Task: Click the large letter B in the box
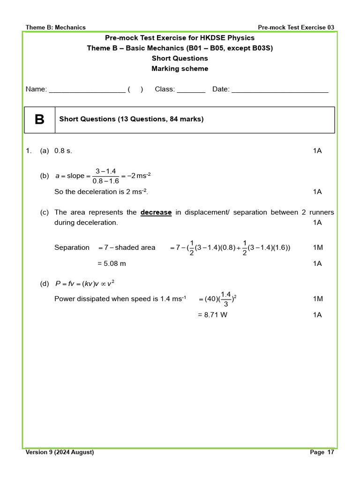[39, 120]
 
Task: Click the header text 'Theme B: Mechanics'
[55, 27]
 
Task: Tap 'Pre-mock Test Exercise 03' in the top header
[296, 27]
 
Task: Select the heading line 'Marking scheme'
[180, 68]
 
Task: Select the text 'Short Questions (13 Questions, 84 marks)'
[131, 119]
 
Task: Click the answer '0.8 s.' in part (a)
[63, 150]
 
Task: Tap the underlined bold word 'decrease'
[156, 212]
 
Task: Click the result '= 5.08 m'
[112, 263]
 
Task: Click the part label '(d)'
[45, 283]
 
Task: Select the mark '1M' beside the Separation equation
[317, 247]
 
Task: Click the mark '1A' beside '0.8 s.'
[317, 150]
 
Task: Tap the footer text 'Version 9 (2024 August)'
[60, 452]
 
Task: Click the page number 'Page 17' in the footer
[322, 452]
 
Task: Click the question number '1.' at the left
[29, 150]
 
